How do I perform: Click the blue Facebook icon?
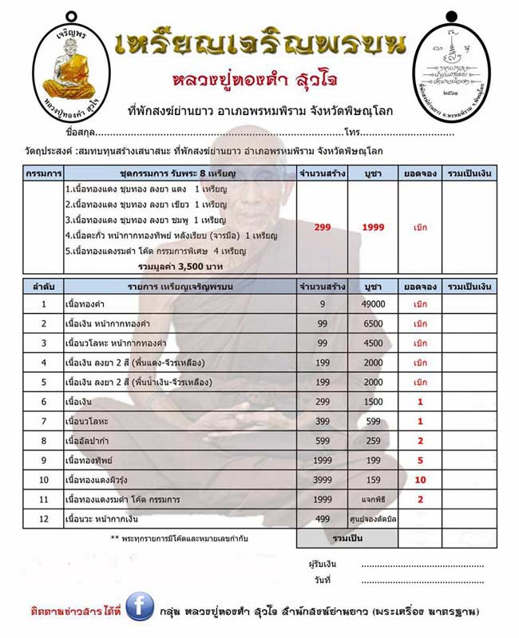coord(139,609)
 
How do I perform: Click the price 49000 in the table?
coord(374,304)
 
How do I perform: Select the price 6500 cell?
coord(374,323)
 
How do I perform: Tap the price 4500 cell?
coord(374,343)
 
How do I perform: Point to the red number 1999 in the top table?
coord(373,228)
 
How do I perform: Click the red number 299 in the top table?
coord(322,228)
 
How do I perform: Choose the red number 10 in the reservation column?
coord(420,479)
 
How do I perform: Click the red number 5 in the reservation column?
coord(420,460)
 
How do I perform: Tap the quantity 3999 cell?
coord(322,479)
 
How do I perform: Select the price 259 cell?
coord(374,440)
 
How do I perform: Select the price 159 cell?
coord(374,479)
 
